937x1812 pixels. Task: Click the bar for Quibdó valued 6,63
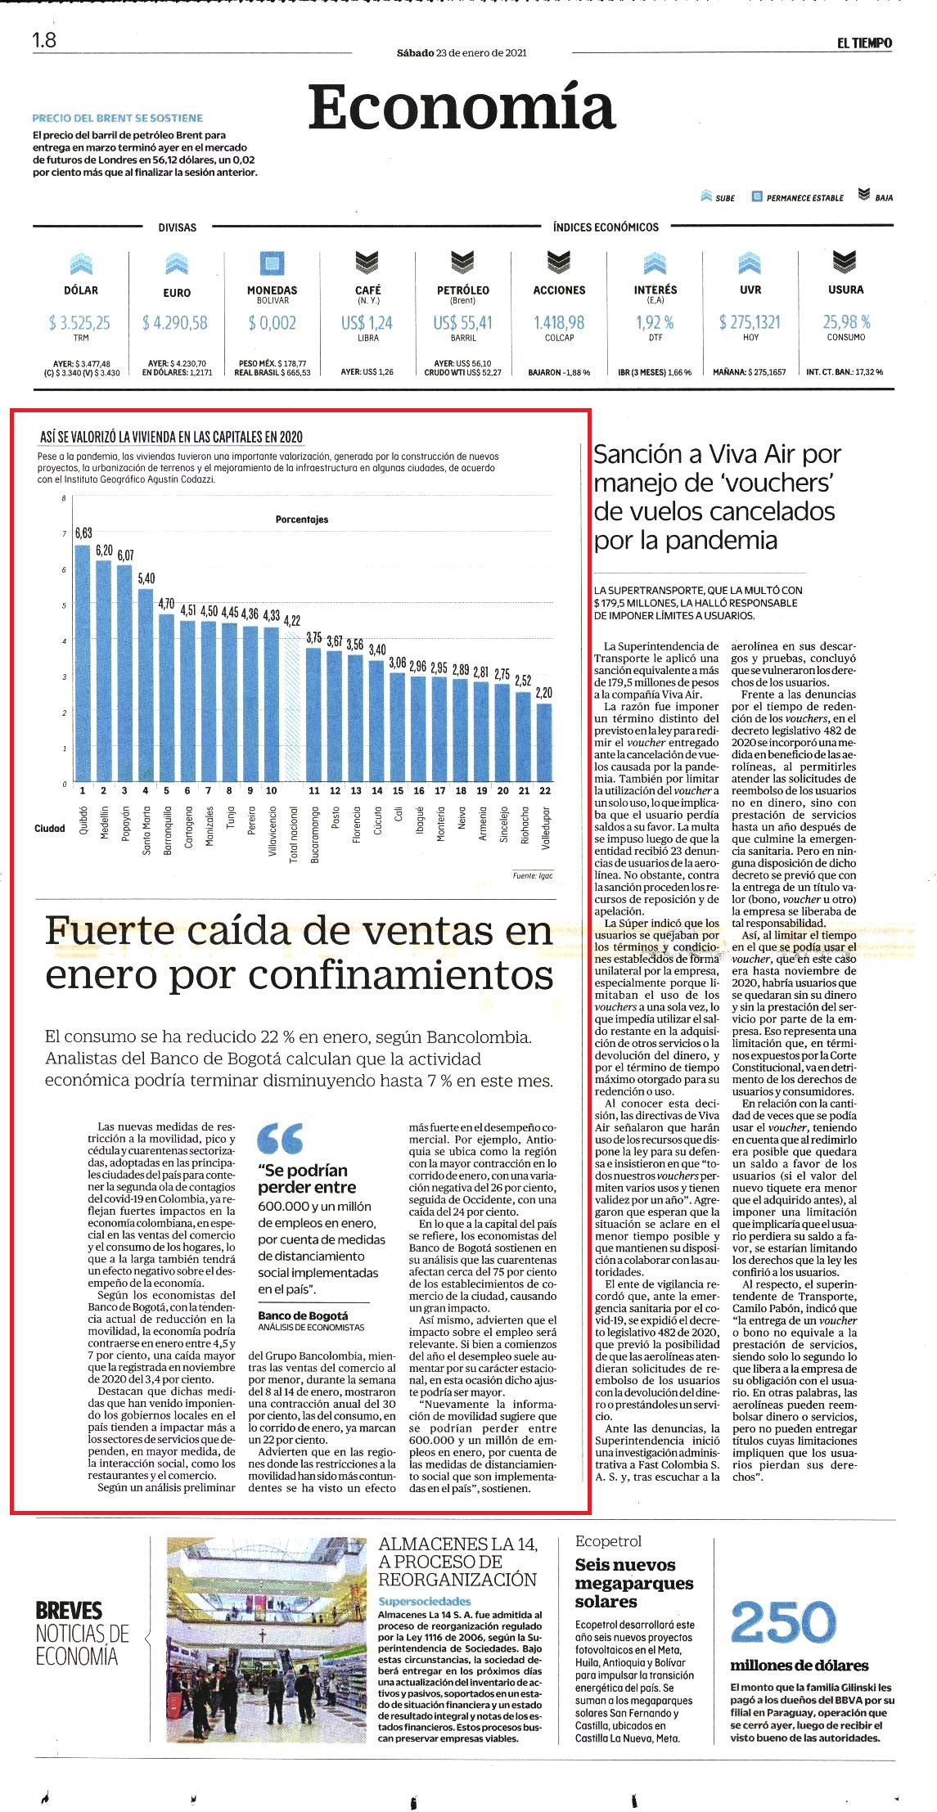[x=83, y=663]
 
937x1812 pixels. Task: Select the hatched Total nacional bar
[x=292, y=707]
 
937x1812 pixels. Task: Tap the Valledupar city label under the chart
[x=546, y=826]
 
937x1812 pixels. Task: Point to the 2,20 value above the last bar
[x=544, y=693]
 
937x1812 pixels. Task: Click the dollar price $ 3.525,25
[x=80, y=323]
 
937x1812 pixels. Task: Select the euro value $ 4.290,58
[x=176, y=323]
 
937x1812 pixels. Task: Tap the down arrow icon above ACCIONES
[x=559, y=262]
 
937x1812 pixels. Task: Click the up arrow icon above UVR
[x=750, y=262]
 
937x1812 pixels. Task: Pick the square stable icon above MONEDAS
[x=272, y=263]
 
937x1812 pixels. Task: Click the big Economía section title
[x=462, y=107]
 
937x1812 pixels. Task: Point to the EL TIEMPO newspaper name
[x=864, y=43]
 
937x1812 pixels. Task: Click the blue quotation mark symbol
[x=280, y=1138]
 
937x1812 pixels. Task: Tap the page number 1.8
[x=44, y=40]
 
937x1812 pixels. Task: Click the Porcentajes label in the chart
[x=302, y=519]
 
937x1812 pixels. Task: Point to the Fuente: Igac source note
[x=533, y=876]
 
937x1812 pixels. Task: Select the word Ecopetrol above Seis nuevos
[x=609, y=1541]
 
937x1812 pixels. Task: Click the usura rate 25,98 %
[x=846, y=322]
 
